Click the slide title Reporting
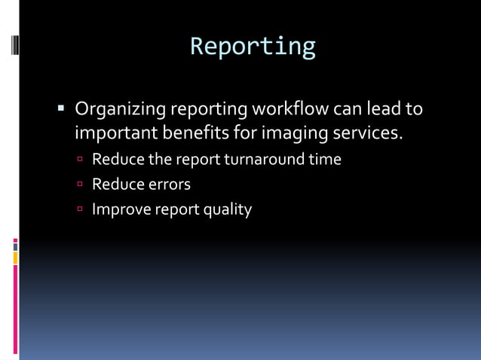[253, 47]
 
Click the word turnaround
[267, 160]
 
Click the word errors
[167, 185]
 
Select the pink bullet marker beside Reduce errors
[80, 185]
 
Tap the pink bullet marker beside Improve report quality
[80, 209]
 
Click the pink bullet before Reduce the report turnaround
[80, 160]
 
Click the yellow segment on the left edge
[15, 258]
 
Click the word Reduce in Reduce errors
[116, 185]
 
